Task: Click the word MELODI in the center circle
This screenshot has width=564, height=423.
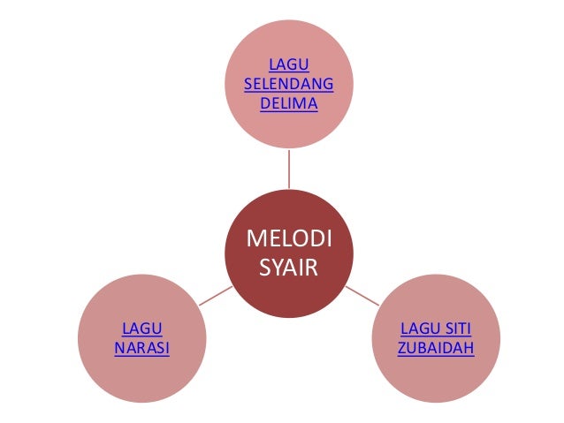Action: [288, 240]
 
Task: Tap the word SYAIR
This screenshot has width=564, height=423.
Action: [288, 267]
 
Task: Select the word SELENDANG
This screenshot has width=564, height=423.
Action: [288, 85]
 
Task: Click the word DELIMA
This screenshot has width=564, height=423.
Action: [288, 104]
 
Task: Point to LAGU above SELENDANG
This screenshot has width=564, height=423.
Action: [288, 65]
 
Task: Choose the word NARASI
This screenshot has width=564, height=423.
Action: [141, 347]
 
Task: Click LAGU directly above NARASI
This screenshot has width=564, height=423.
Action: [141, 329]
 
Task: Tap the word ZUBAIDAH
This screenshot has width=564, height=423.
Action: [436, 347]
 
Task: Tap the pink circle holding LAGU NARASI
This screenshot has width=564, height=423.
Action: [141, 371]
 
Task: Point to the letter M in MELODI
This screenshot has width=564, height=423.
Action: [254, 240]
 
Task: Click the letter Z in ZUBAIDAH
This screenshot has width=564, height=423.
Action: [402, 347]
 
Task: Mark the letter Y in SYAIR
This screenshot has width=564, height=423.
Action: [275, 267]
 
